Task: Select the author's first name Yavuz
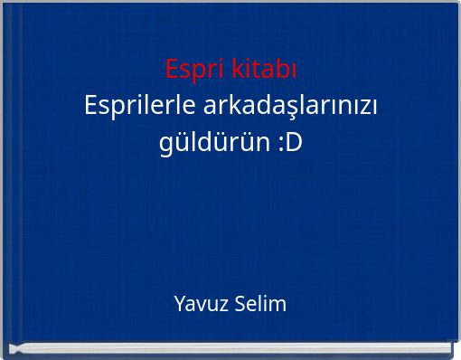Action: [x=194, y=304]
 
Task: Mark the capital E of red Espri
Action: [x=172, y=68]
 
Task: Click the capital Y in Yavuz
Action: [x=178, y=304]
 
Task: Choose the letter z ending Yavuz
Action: [x=213, y=305]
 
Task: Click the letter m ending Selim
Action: [x=279, y=305]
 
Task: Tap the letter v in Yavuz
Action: [x=196, y=305]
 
